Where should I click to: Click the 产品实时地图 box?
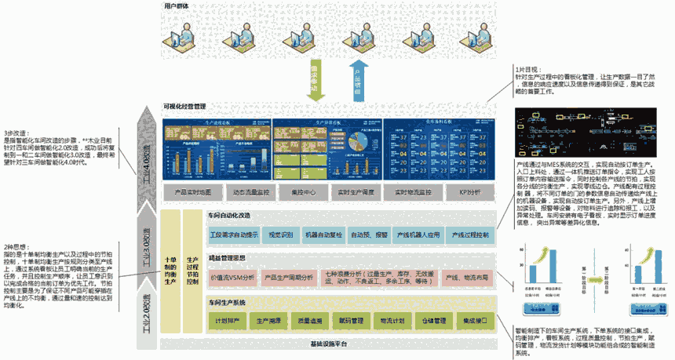[x=190, y=191]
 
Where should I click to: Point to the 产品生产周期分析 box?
[x=286, y=278]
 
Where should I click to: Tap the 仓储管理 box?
[x=429, y=321]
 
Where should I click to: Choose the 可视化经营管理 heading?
[x=184, y=106]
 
